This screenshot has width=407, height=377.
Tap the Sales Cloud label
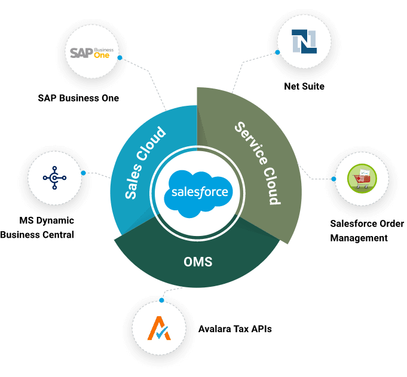145,163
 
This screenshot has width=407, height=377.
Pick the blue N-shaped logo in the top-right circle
304,41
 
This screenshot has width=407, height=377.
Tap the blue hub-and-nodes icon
54,177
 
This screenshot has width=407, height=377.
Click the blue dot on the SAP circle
120,58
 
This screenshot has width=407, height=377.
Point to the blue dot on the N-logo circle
277,53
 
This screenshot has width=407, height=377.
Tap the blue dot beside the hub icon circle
83,173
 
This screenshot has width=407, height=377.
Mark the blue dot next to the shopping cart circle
333,178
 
